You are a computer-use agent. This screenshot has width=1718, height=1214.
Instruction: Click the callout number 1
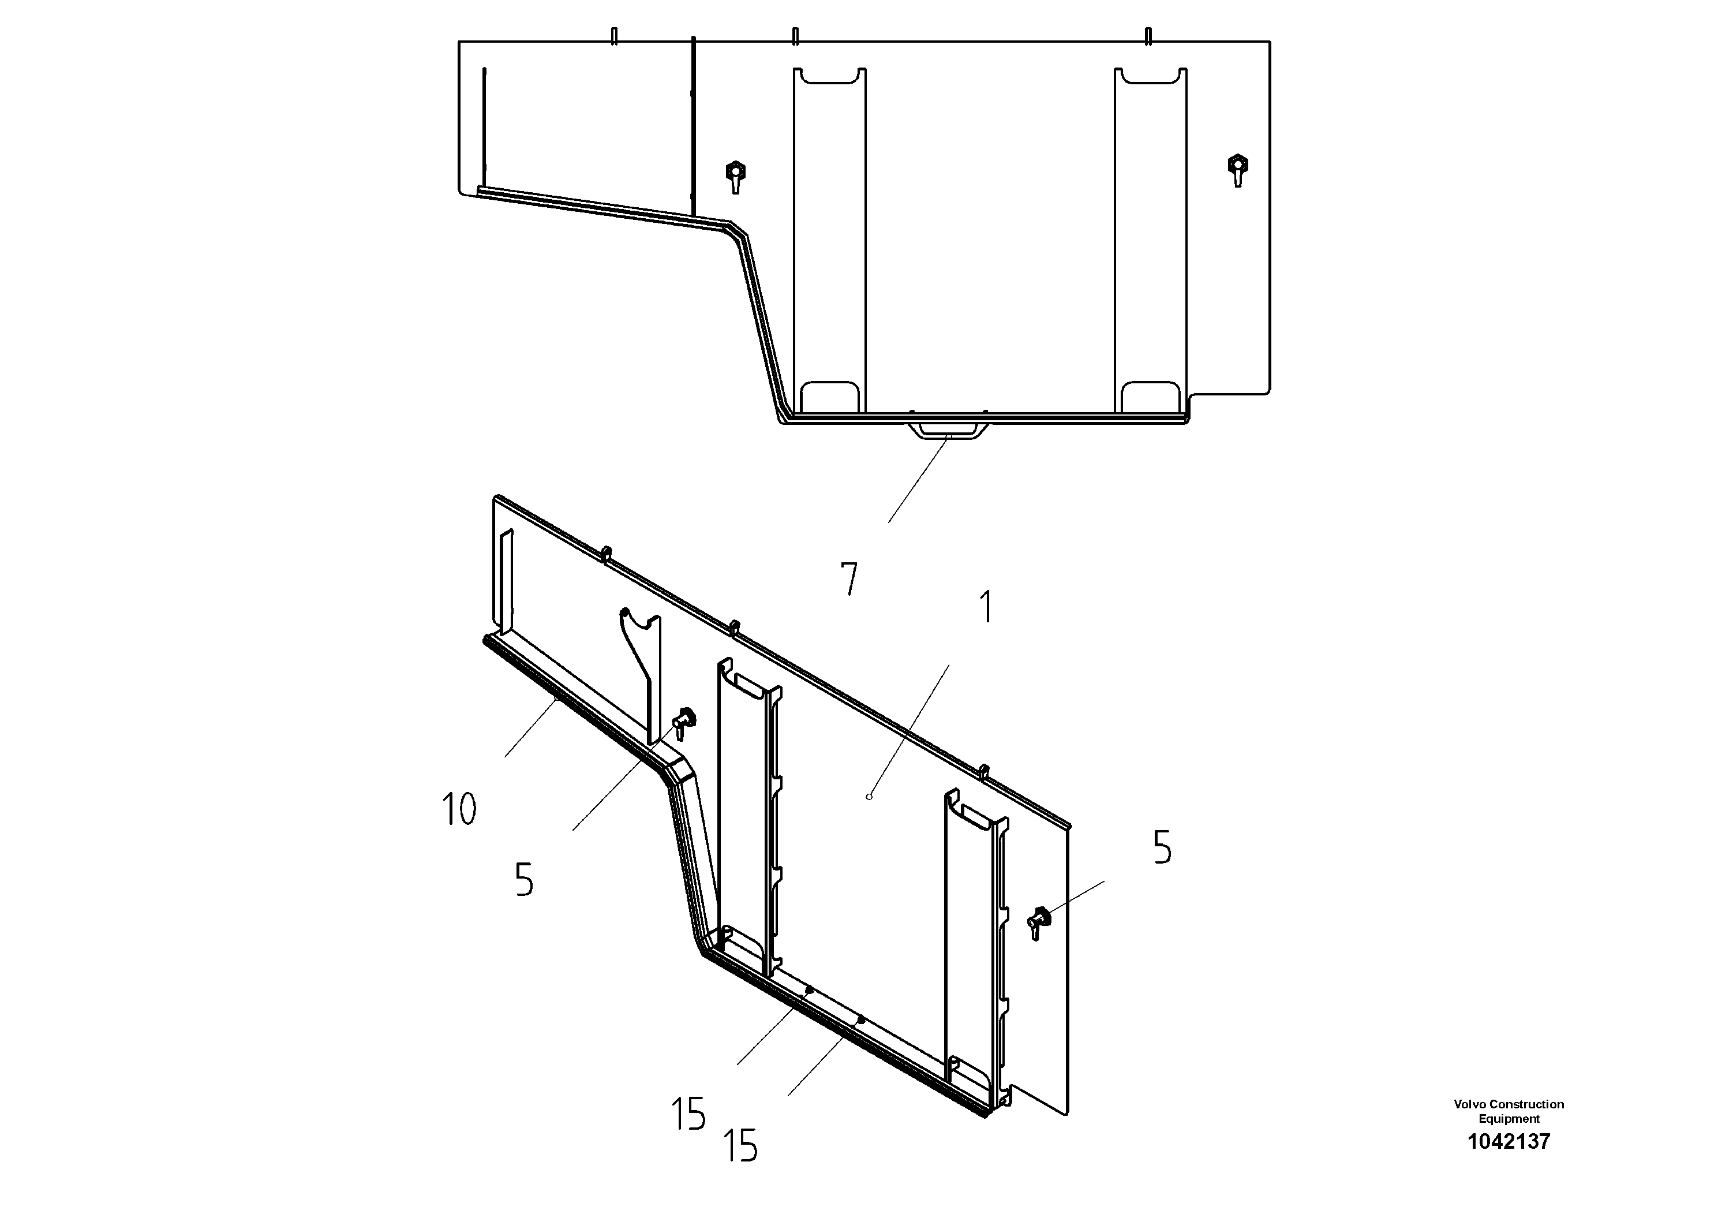coord(987,607)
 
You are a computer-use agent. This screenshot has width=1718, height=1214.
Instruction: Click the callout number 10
coord(459,809)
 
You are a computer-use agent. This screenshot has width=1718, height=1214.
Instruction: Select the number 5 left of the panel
coord(524,880)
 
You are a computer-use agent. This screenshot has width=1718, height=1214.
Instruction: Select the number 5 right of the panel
coord(1162,848)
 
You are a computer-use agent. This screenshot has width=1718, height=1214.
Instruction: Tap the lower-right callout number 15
coord(740,1146)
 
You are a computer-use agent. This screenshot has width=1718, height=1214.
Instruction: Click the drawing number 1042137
coord(1509,1141)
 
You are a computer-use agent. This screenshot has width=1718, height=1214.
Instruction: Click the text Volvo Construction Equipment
coord(1509,1111)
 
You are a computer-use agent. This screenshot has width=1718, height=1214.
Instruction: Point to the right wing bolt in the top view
coord(1238,169)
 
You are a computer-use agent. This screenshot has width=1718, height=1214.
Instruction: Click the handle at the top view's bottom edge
coord(947,431)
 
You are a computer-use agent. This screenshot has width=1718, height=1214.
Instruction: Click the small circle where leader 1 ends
coord(869,797)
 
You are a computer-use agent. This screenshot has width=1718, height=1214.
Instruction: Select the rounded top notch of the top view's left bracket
coord(829,76)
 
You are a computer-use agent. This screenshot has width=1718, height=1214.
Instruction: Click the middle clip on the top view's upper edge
coord(795,36)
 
